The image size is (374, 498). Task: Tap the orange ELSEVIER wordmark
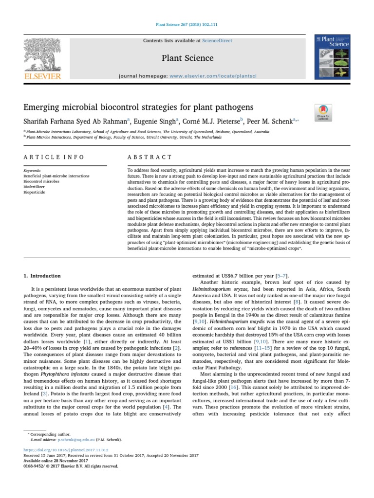click(43, 76)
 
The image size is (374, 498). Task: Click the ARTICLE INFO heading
click(54, 157)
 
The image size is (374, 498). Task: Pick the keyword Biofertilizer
click(34, 187)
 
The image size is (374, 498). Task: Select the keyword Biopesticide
click(33, 192)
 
